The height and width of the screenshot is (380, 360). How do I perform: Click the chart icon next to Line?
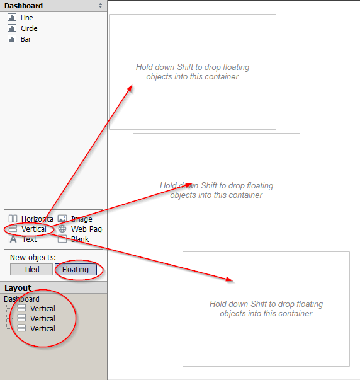point(12,17)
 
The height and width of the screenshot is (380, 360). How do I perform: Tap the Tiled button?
point(31,270)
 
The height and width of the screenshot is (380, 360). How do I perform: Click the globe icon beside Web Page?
point(62,229)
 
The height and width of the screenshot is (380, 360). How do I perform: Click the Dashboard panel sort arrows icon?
point(100,6)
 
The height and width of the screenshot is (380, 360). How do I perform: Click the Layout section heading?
point(18,287)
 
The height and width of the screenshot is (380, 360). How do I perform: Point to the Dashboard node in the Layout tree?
point(21,299)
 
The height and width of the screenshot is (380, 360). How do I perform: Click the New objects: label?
point(33,257)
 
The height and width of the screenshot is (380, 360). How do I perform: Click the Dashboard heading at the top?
point(23,6)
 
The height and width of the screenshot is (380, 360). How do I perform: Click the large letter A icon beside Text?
point(13,239)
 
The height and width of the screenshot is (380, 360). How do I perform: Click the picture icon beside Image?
point(62,219)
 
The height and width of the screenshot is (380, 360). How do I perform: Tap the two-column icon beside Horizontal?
point(13,219)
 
